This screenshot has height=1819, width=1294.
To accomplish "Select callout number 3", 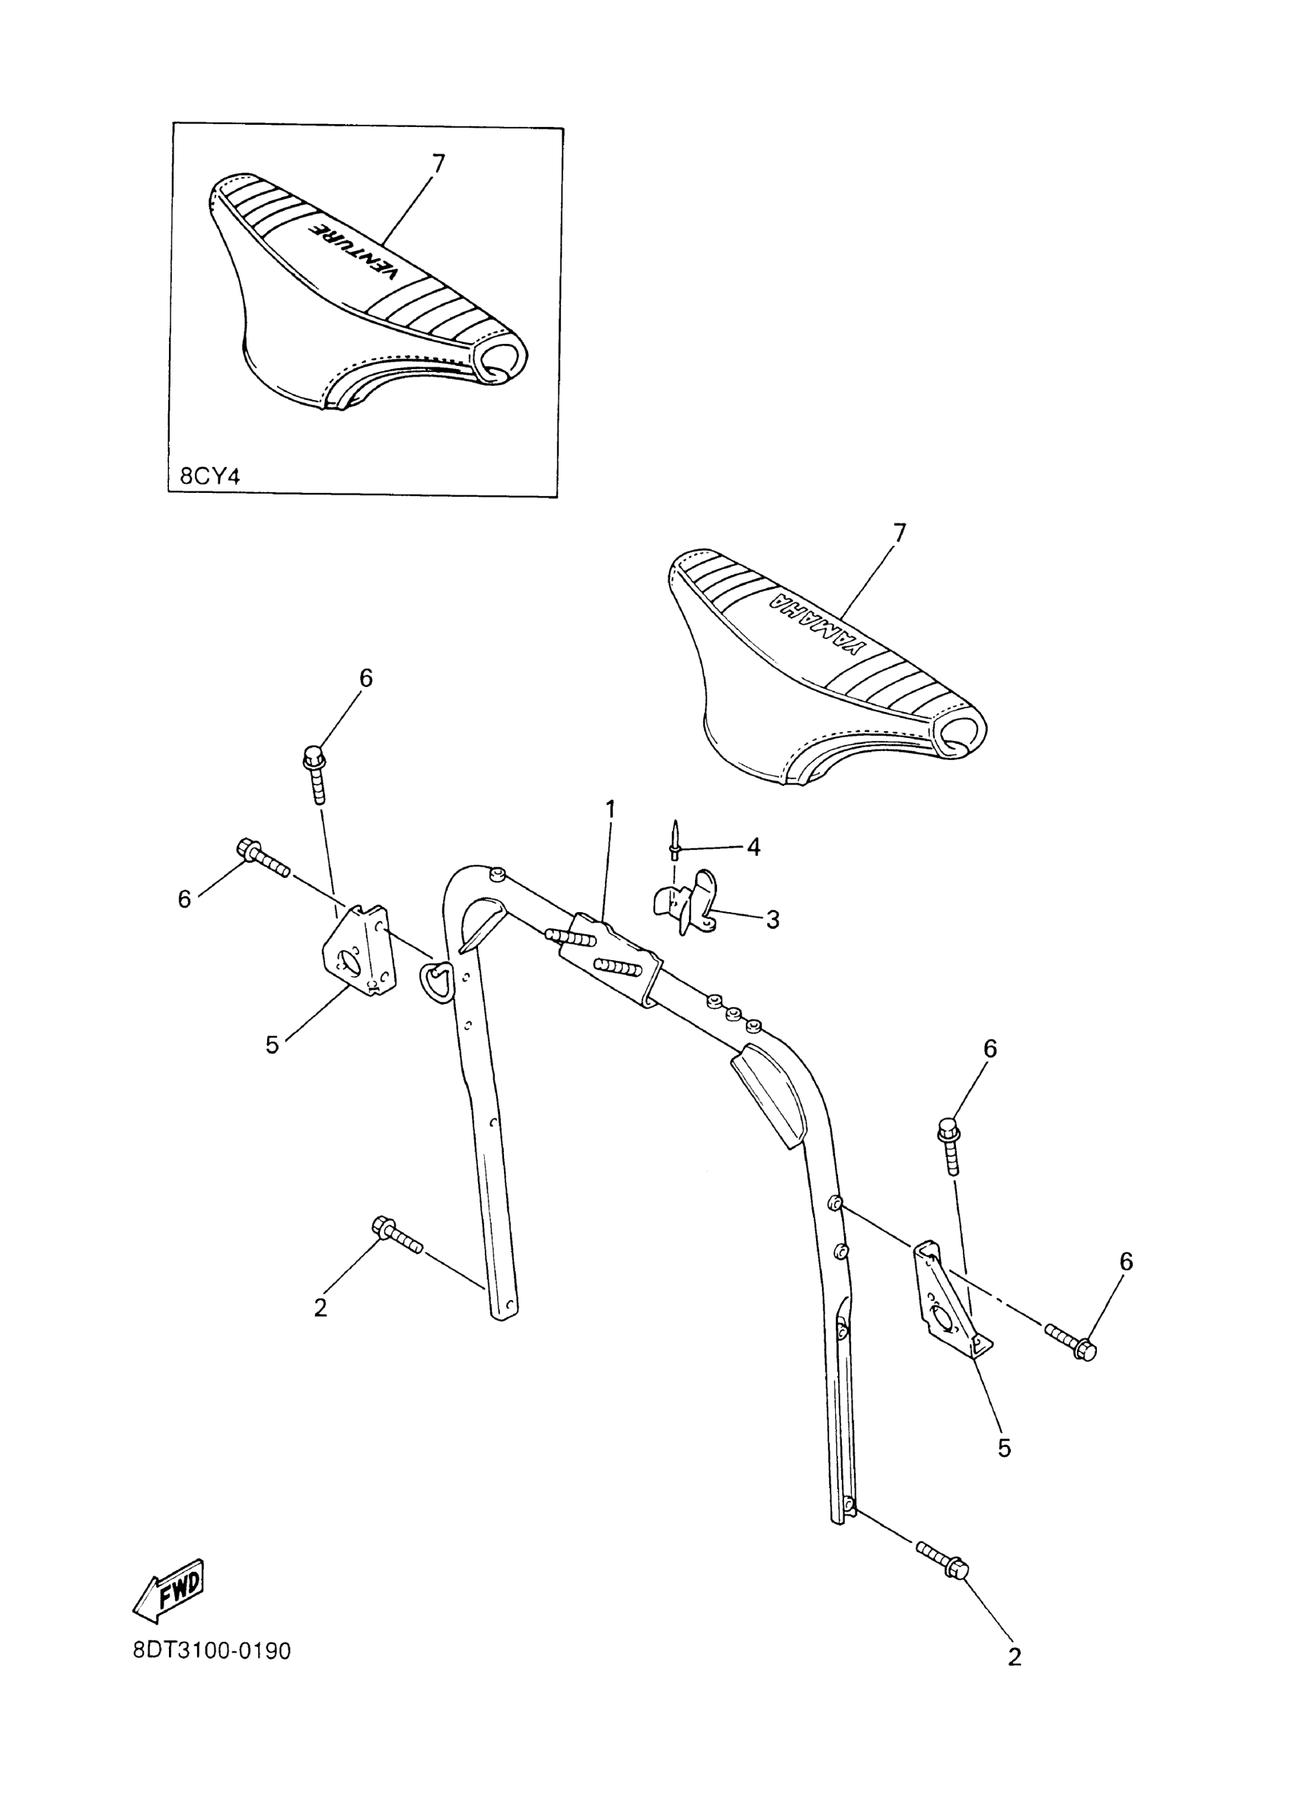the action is pos(772,920).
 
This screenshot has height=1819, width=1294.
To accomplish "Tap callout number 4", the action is pos(753,847).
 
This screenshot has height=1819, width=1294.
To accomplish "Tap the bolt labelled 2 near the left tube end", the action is pos(396,1257).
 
